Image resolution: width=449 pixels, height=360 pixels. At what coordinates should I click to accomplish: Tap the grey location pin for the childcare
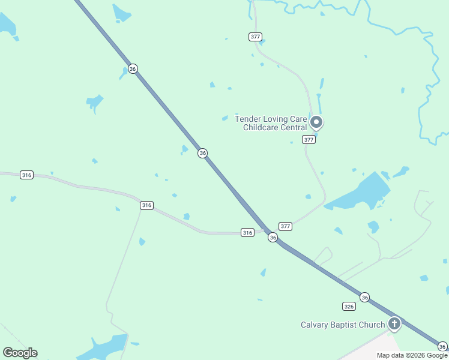[x=316, y=123]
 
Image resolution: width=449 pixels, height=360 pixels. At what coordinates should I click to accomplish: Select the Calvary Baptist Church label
[x=343, y=325]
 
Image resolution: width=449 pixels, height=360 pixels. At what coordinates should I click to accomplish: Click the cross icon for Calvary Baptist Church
[x=394, y=325]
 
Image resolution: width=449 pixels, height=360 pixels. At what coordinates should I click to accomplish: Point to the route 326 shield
[x=349, y=306]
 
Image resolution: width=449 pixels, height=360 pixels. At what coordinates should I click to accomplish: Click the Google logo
[x=20, y=353]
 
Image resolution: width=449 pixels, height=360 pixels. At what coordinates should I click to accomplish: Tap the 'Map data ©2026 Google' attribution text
[x=412, y=355]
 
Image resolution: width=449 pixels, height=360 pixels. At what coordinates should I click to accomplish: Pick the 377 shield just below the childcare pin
[x=309, y=140]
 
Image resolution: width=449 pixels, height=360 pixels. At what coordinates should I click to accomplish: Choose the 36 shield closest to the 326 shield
[x=364, y=297]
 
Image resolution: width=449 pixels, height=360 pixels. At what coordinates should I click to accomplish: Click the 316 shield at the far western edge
[x=26, y=175]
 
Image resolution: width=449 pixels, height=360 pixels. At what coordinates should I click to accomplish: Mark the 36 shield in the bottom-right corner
[x=442, y=346]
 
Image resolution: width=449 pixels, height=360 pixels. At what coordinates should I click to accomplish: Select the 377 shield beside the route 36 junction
[x=285, y=226]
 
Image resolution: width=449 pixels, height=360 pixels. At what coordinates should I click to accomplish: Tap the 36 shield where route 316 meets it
[x=273, y=238]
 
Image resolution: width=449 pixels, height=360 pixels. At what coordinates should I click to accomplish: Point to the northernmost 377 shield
[x=255, y=37]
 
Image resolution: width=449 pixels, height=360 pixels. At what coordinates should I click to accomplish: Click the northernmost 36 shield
[x=133, y=69]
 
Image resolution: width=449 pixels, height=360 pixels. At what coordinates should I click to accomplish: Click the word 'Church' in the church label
[x=370, y=325]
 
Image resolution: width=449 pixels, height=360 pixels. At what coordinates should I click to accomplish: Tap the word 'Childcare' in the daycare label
[x=261, y=127]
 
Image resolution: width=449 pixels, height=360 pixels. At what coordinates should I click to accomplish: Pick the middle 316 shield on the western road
[x=146, y=205]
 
